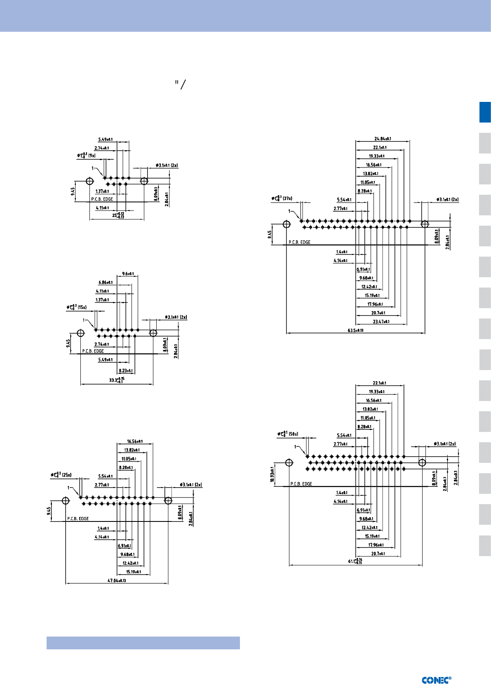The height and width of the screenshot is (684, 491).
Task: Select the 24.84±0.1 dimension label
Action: (383, 139)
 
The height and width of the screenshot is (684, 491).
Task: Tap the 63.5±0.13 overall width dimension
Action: (355, 330)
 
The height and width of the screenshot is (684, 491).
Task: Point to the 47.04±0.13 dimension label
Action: (117, 580)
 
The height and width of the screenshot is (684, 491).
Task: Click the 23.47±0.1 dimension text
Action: (381, 321)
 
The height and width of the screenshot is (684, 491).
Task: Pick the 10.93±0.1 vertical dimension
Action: (272, 474)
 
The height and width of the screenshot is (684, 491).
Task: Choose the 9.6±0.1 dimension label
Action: (128, 274)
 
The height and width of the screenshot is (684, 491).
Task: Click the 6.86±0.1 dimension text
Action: (105, 283)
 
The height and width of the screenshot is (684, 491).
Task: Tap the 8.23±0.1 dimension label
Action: (125, 370)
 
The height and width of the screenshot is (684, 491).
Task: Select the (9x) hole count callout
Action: (92, 156)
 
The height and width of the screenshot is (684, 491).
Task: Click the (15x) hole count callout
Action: (82, 307)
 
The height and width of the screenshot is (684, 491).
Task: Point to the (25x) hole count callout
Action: (67, 475)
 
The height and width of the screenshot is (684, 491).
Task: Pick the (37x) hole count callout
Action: (287, 198)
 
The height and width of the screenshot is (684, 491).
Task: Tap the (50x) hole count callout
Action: (293, 434)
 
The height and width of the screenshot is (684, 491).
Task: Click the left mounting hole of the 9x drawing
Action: (89, 181)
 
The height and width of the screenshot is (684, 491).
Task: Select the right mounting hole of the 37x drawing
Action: (425, 224)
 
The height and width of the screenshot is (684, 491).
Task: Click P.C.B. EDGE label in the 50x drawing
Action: (301, 484)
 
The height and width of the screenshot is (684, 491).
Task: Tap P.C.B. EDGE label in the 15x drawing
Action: (93, 351)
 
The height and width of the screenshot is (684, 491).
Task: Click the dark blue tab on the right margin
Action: (485, 112)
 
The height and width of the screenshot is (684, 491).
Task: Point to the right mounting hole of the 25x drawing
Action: (168, 500)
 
